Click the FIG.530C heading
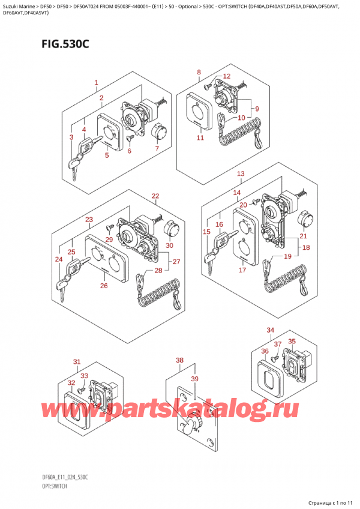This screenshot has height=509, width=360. point(65,44)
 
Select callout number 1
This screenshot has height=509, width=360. point(96,83)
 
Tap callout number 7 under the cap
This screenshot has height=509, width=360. point(157,148)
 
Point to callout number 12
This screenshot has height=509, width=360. point(227,76)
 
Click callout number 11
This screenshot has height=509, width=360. point(200,137)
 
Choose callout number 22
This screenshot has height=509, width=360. point(155,196)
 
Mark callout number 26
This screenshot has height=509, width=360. point(104,286)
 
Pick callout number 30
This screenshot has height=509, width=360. point(169,245)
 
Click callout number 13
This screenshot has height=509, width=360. point(241,173)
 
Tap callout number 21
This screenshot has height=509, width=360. point(303,236)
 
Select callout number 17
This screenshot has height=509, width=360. point(242,270)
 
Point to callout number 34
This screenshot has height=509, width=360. point(270,330)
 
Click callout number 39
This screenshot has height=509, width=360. point(194,379)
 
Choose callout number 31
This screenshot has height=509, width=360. point(77,362)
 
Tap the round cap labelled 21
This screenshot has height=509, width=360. point(305,219)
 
